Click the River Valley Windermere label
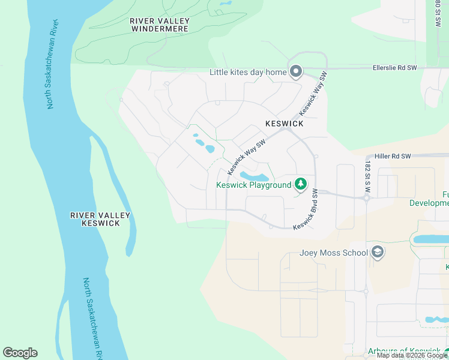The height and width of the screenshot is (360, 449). coord(160,25)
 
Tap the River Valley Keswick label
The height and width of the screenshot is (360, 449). coord(95,219)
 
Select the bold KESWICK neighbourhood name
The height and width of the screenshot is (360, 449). coord(285,124)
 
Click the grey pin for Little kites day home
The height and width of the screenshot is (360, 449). coord(295,72)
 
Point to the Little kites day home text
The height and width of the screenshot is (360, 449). coord(248,73)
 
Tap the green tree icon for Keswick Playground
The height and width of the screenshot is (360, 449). coord(301,184)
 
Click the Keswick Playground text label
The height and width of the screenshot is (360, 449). coord(253,185)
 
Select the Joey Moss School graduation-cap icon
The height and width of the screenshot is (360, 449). coord(378,252)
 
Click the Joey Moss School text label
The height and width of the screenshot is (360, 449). coord(333,253)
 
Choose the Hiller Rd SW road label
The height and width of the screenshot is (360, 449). coord(392,156)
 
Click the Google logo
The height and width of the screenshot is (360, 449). coord(20,353)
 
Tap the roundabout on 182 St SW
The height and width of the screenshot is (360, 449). coord(366,197)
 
